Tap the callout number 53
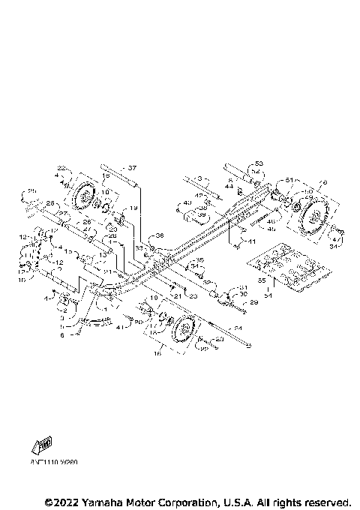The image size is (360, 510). [259, 163]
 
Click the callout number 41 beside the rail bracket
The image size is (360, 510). [252, 241]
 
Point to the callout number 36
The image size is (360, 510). [159, 235]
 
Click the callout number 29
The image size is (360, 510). [253, 302]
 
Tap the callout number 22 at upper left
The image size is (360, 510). [62, 166]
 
